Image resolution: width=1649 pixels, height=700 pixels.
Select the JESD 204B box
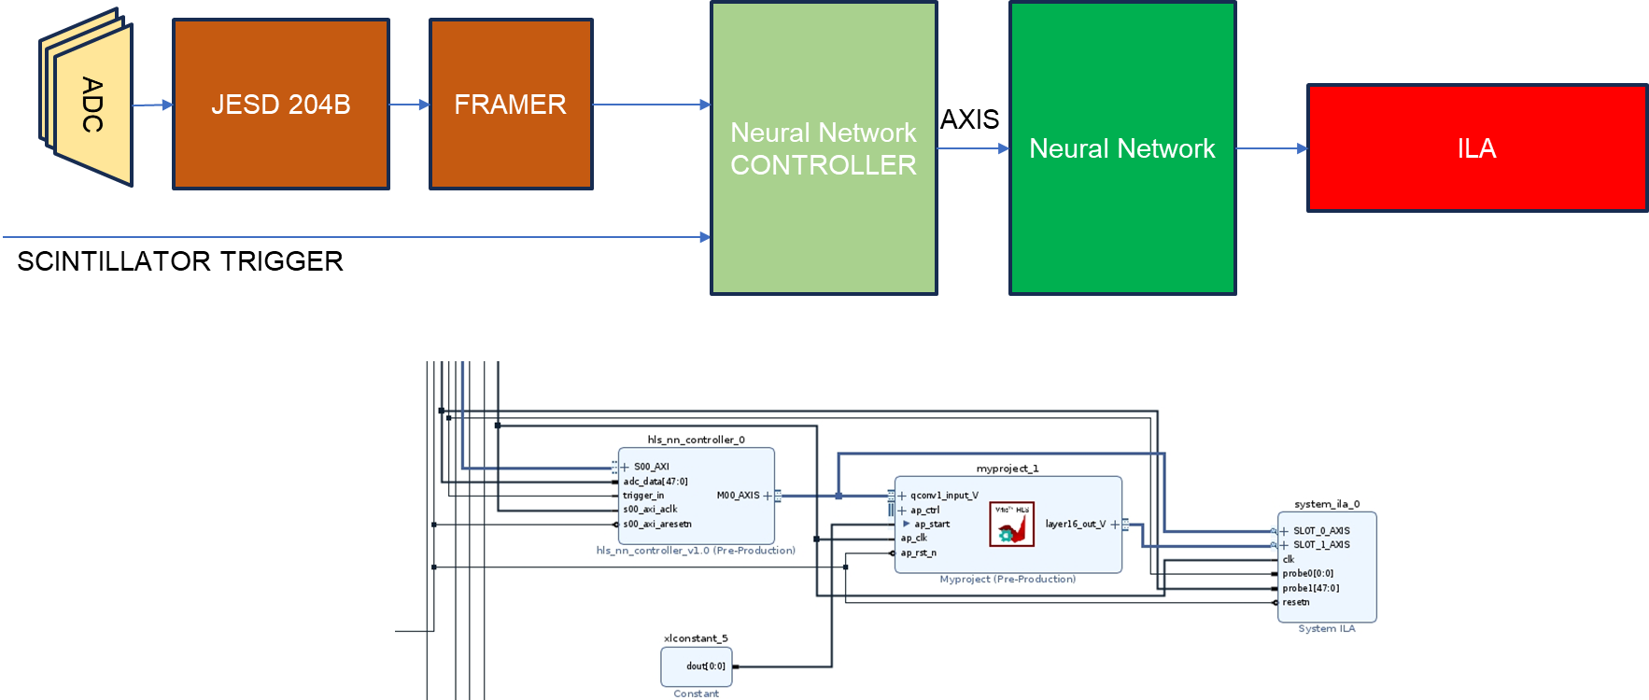tap(280, 105)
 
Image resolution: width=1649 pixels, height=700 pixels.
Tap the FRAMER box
tap(510, 105)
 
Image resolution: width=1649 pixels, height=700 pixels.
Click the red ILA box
tap(1476, 148)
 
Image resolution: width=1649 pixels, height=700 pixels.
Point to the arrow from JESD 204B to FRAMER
tap(409, 105)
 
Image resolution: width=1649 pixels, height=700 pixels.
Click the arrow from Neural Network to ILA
tap(1271, 148)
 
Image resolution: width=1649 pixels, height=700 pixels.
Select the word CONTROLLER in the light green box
tap(823, 165)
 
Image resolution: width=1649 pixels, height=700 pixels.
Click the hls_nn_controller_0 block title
tap(696, 440)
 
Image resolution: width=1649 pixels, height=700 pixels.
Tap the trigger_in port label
tap(643, 496)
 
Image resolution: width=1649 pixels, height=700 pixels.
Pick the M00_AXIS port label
tap(738, 496)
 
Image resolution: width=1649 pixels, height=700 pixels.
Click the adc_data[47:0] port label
tap(655, 482)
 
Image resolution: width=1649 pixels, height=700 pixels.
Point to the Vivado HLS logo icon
tap(1011, 525)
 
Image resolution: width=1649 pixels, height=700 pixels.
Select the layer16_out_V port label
tap(1075, 525)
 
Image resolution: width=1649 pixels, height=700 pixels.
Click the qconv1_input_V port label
tap(944, 496)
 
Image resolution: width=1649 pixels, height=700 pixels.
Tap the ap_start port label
tap(932, 525)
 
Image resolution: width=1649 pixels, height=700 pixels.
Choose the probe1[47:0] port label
tap(1310, 588)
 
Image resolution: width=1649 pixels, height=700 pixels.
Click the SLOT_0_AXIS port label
tap(1321, 531)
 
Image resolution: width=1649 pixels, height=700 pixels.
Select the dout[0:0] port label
tap(705, 666)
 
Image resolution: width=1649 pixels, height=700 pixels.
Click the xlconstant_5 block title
tap(695, 638)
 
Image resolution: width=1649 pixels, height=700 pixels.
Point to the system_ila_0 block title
tap(1326, 504)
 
